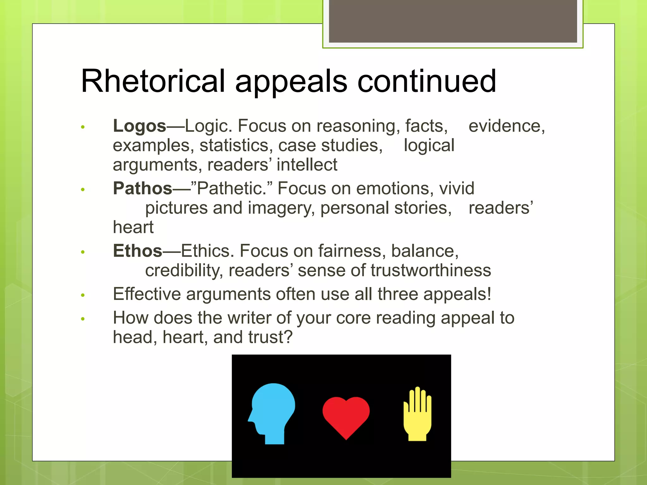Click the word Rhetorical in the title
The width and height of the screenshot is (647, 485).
(x=153, y=81)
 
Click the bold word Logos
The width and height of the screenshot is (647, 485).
(x=139, y=126)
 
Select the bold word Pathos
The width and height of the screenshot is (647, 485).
(x=142, y=189)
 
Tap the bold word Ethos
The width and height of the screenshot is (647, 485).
(x=137, y=251)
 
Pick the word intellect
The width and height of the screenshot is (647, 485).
(x=307, y=165)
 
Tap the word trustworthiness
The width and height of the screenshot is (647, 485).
(x=431, y=271)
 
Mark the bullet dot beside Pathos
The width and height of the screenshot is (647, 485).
(x=83, y=189)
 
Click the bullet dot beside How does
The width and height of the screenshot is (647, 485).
(x=83, y=319)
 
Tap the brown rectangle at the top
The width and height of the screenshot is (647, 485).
(x=453, y=21)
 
